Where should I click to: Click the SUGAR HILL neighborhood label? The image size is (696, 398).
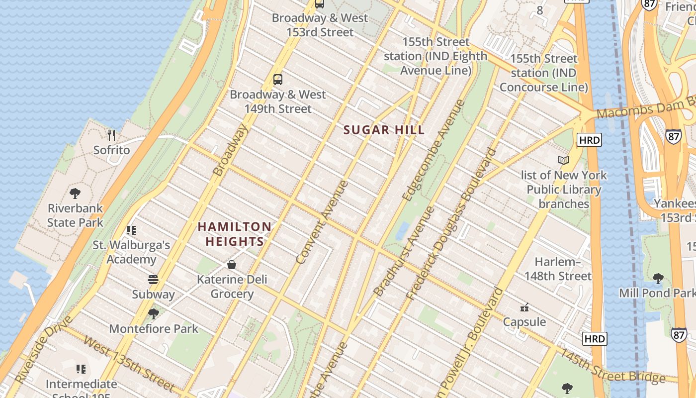384,130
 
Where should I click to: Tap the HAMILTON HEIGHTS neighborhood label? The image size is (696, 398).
235,234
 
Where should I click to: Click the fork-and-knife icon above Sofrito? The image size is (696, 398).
111,135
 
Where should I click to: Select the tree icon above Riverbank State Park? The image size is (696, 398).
75,193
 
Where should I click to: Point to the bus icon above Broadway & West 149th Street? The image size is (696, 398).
278,79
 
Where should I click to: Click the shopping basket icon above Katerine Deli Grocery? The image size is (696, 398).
232,264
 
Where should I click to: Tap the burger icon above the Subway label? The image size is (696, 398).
153,280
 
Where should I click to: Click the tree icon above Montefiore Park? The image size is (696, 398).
153,313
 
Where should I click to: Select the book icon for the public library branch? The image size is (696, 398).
563,160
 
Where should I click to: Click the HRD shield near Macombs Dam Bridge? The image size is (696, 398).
589,140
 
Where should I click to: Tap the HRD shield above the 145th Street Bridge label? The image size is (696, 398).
595,339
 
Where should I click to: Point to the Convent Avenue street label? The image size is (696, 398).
322,222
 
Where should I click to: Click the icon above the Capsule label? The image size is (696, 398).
524,307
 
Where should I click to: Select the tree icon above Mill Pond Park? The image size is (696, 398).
658,278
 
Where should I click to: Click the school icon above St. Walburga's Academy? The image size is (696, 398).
131,230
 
